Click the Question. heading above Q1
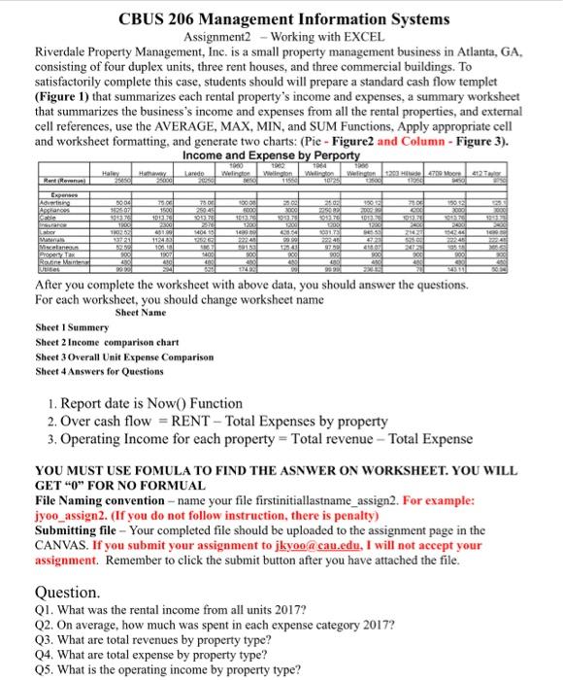(x=67, y=592)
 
